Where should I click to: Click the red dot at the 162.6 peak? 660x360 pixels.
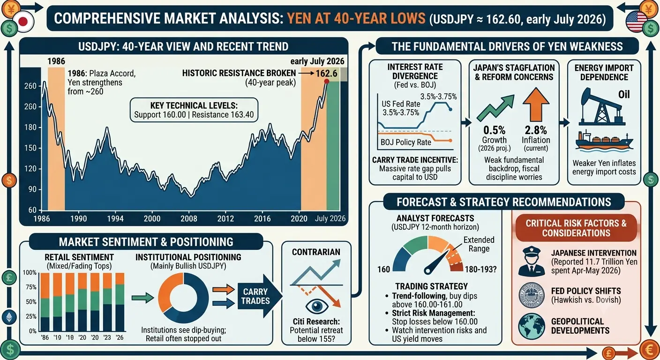pos(326,81)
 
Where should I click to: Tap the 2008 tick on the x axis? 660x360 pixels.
pos(189,218)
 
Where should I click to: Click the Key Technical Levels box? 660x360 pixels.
pos(194,110)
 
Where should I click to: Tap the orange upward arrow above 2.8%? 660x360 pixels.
pos(536,105)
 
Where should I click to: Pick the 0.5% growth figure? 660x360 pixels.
pos(494,130)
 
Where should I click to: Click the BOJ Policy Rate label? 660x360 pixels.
pos(406,142)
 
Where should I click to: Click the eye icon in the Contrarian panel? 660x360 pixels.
pos(317,306)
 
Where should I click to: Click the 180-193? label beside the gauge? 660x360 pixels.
pos(480,269)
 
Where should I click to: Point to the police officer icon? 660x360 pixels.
pos(532,261)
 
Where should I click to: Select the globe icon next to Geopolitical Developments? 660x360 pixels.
pos(532,326)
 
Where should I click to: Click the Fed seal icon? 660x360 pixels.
pos(532,295)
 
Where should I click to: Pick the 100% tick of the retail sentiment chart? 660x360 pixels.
pos(30,272)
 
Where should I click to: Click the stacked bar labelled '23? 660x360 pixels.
pos(107,302)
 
